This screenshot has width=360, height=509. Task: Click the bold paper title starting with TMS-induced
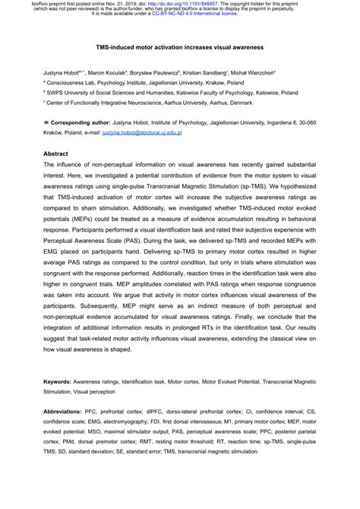click(180, 46)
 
